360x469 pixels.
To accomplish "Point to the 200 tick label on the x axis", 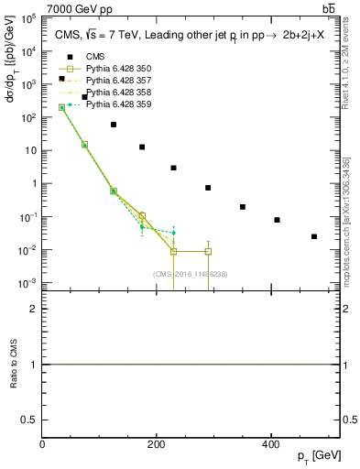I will pyautogui.click(x=157, y=444).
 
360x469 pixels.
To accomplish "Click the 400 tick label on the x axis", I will pyautogui.click(x=270, y=444).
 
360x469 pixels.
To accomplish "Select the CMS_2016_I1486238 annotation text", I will pyautogui.click(x=191, y=273).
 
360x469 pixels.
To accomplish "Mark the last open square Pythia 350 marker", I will pyautogui.click(x=208, y=251).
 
